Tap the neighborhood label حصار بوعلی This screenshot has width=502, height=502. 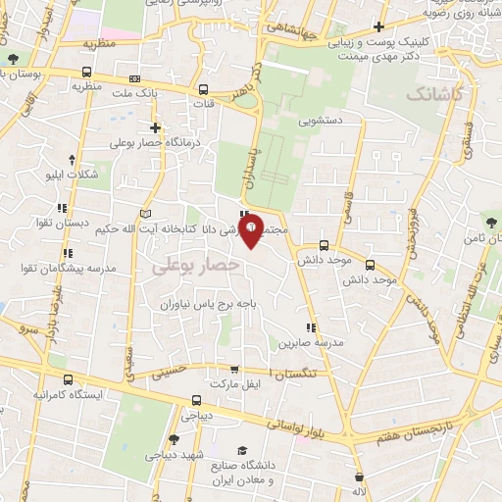[204, 265]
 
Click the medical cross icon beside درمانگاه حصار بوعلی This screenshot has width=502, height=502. [155, 127]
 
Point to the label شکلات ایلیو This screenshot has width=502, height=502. [78, 175]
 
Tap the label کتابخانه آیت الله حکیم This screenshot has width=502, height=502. [147, 229]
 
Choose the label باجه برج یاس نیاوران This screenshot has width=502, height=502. [210, 304]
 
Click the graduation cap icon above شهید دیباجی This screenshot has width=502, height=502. [174, 439]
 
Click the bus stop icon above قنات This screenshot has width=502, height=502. [204, 87]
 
